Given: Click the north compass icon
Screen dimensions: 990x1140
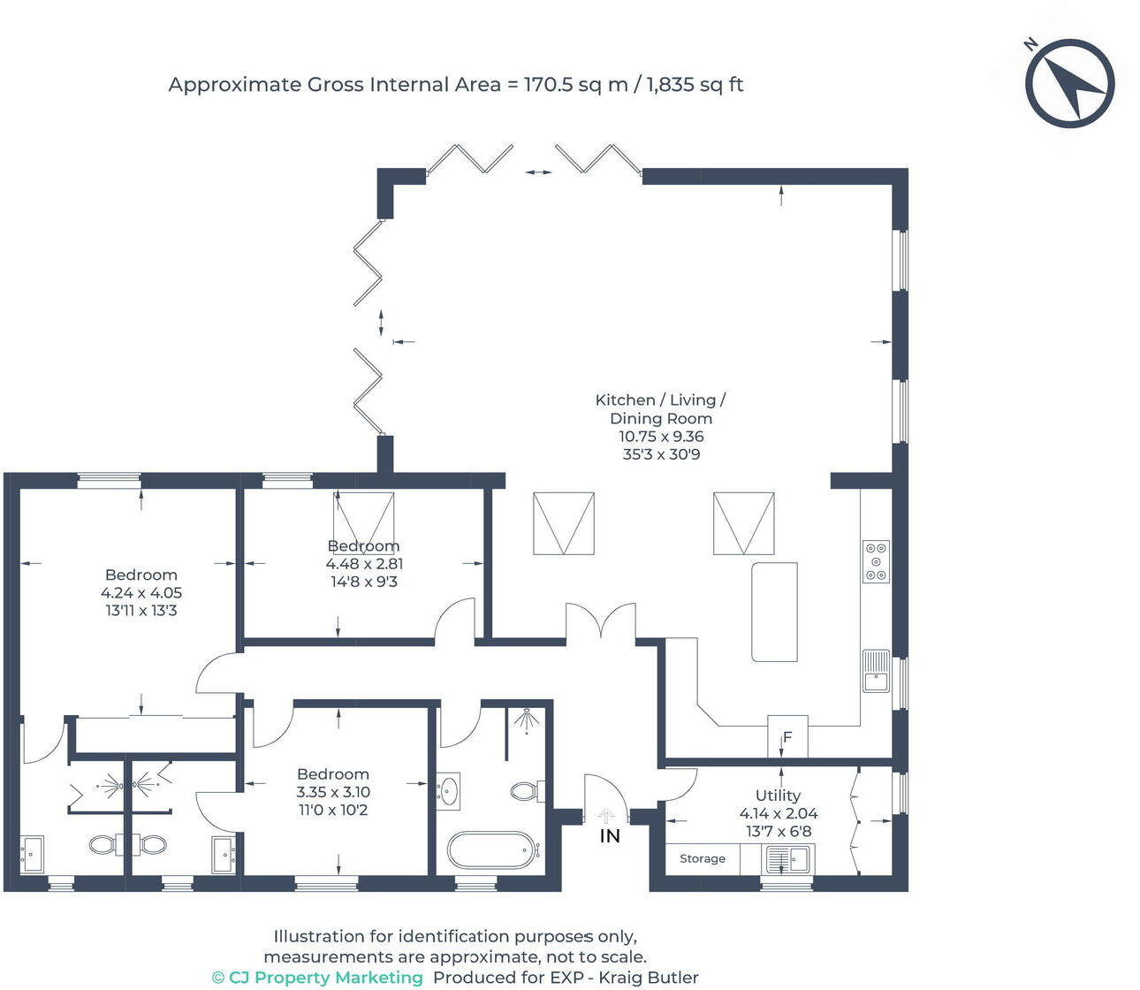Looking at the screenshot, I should [1069, 83].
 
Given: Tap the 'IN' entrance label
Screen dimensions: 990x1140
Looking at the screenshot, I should [610, 835].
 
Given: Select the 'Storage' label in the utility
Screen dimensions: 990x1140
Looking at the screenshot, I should [703, 858].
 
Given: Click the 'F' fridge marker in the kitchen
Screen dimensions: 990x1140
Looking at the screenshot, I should [787, 737].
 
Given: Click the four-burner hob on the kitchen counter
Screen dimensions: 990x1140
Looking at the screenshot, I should [876, 561].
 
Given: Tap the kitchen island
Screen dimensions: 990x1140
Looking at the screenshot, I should [774, 612].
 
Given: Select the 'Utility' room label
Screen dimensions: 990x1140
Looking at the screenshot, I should [778, 796].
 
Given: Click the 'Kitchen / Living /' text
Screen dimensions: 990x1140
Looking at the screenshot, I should [660, 400].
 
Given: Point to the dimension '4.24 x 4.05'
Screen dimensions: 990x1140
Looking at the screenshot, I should [141, 593].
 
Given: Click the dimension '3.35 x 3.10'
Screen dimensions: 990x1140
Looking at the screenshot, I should [333, 792].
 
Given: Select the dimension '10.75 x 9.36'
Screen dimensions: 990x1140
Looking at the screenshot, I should [661, 436].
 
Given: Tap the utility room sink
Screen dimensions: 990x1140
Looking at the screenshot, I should [787, 858].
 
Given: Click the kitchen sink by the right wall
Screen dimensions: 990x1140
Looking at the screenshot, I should [876, 670].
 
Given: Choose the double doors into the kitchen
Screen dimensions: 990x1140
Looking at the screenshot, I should [601, 621].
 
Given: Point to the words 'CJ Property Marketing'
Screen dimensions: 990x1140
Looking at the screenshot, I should [326, 978].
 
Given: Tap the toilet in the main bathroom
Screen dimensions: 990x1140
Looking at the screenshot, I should [527, 790].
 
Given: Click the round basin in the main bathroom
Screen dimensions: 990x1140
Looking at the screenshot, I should [448, 789].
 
